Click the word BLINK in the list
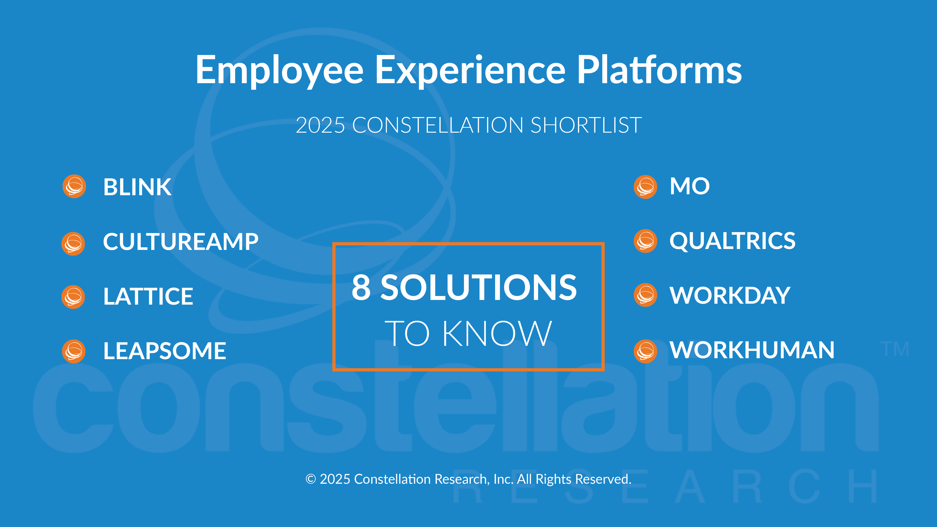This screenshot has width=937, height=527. click(137, 187)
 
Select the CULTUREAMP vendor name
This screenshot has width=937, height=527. click(181, 241)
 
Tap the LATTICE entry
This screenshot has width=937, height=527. click(148, 296)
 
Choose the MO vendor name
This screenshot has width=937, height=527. click(690, 186)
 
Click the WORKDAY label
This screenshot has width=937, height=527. click(730, 295)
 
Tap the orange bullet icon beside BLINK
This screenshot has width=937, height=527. click(74, 187)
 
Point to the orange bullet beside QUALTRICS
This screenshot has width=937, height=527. click(645, 241)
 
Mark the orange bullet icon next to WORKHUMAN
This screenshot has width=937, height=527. click(645, 351)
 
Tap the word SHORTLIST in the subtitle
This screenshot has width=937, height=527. click(586, 125)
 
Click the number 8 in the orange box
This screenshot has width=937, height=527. click(361, 287)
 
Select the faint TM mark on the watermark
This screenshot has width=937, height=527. click(895, 349)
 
